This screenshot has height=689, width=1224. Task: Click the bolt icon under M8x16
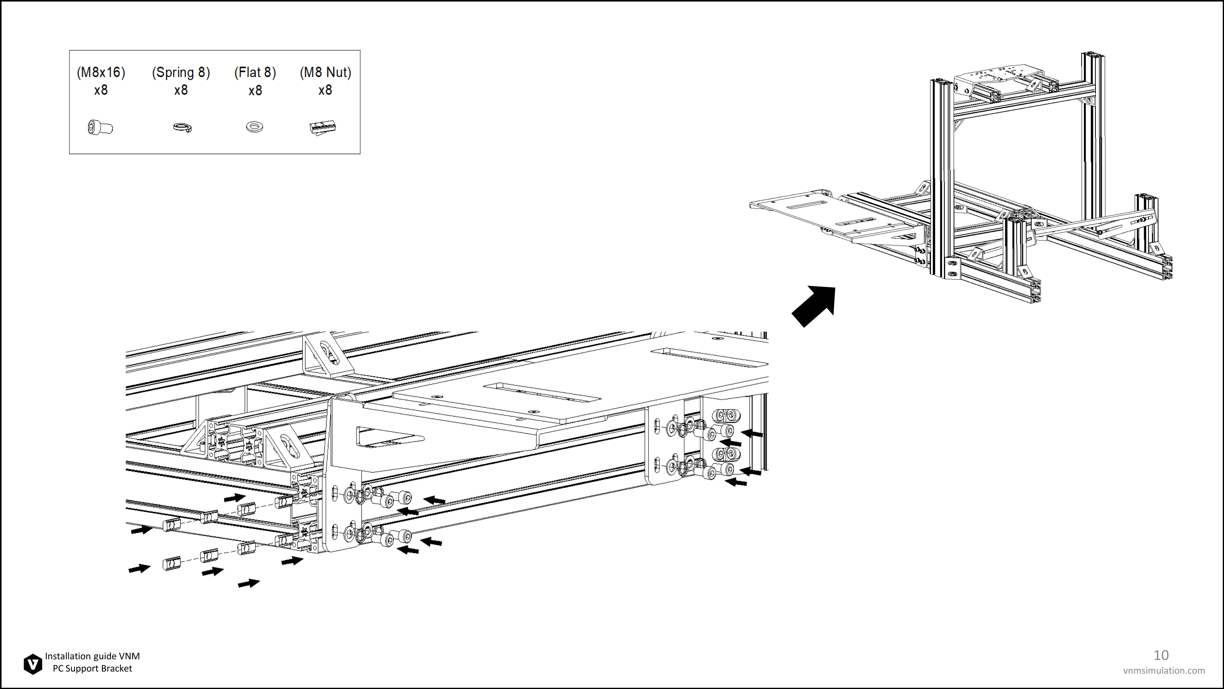click(x=100, y=127)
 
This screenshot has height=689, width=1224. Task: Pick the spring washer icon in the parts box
click(x=182, y=127)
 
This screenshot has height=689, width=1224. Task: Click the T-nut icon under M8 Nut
click(x=323, y=127)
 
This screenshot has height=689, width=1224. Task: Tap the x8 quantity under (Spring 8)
click(x=181, y=90)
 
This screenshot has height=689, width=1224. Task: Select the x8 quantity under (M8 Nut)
click(x=325, y=90)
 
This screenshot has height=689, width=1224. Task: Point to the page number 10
click(x=1161, y=655)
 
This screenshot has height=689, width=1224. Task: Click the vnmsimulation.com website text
click(x=1164, y=670)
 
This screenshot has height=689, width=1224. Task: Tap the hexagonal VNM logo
click(x=33, y=664)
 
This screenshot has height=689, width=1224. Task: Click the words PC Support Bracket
click(x=92, y=668)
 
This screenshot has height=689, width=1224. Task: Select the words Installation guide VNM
click(x=92, y=656)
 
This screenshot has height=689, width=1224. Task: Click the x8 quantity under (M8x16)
click(x=101, y=90)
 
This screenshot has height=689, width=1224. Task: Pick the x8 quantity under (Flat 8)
click(x=255, y=90)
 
